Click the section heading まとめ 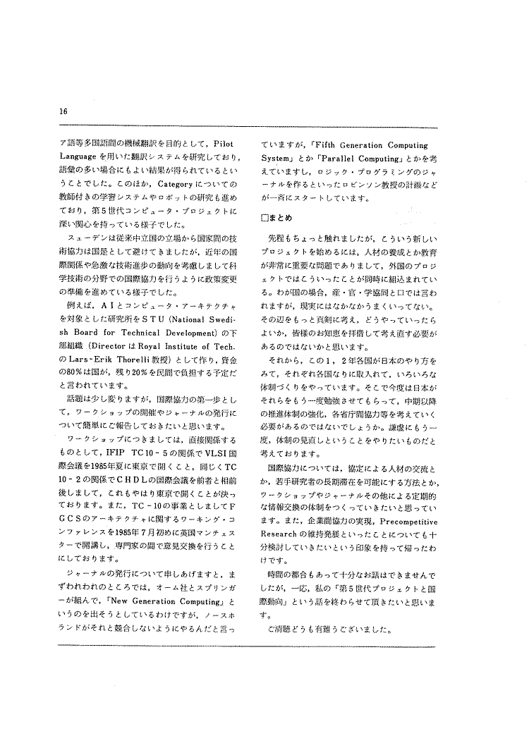point(279,216)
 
